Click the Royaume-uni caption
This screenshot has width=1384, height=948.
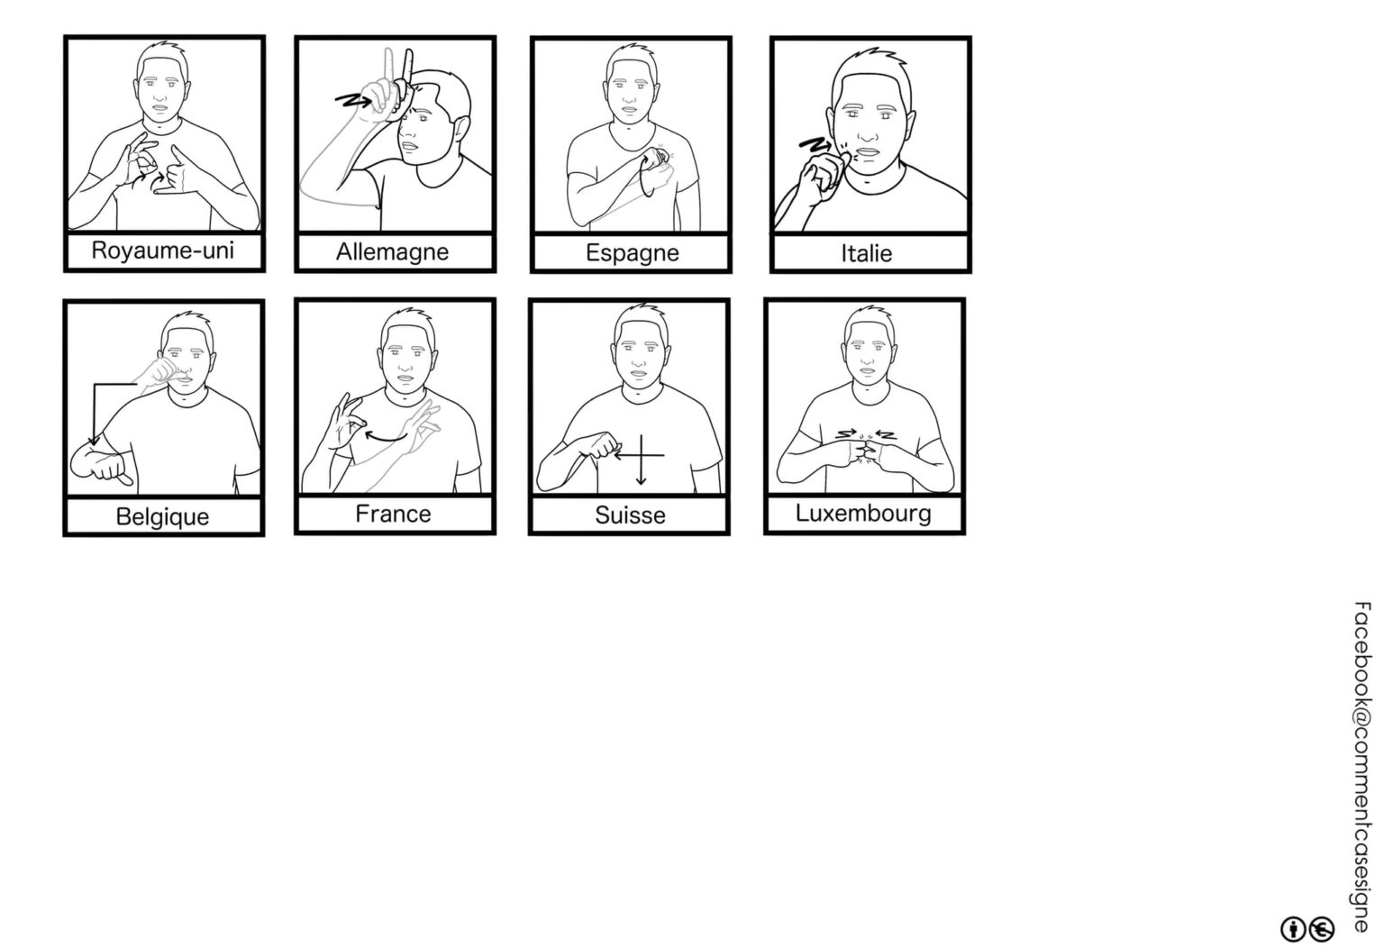[162, 251]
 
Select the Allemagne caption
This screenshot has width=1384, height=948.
[392, 252]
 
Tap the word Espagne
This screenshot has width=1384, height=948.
[632, 253]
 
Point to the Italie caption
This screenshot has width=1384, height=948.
[866, 253]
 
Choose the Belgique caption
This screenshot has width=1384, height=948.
[162, 517]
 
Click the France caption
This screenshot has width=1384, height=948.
[393, 515]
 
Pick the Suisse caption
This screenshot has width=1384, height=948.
[630, 515]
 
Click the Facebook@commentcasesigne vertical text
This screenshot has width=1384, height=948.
[1361, 766]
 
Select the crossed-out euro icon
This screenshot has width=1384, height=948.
[1322, 929]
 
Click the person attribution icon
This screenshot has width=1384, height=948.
[1293, 929]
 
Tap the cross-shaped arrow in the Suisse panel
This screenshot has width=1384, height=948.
[641, 456]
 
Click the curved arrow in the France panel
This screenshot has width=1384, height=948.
[387, 438]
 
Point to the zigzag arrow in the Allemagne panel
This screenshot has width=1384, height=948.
[353, 99]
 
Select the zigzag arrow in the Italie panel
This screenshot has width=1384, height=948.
[815, 144]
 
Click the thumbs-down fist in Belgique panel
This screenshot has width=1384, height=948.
[102, 465]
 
